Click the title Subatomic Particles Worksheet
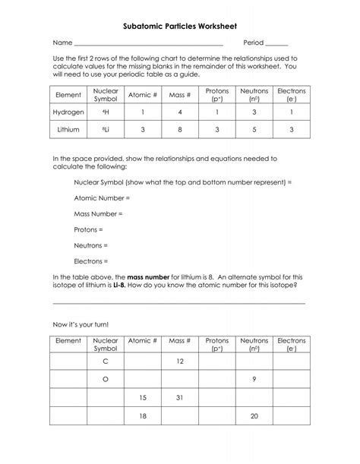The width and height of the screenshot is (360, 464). tap(179, 25)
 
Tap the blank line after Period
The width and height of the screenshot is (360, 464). tap(276, 45)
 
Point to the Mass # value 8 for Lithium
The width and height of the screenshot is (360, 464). tap(179, 130)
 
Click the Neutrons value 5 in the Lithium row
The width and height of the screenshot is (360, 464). tap(254, 130)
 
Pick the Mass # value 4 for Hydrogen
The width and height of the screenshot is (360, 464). tap(179, 112)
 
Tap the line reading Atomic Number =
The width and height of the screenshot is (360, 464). tap(102, 197)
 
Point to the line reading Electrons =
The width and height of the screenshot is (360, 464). tap(91, 260)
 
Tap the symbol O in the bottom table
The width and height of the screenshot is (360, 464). tap(105, 379)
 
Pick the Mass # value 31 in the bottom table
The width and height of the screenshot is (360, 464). tap(179, 397)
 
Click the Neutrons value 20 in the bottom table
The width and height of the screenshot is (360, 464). tap(254, 415)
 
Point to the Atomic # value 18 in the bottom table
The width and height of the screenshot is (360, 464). tap(142, 415)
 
